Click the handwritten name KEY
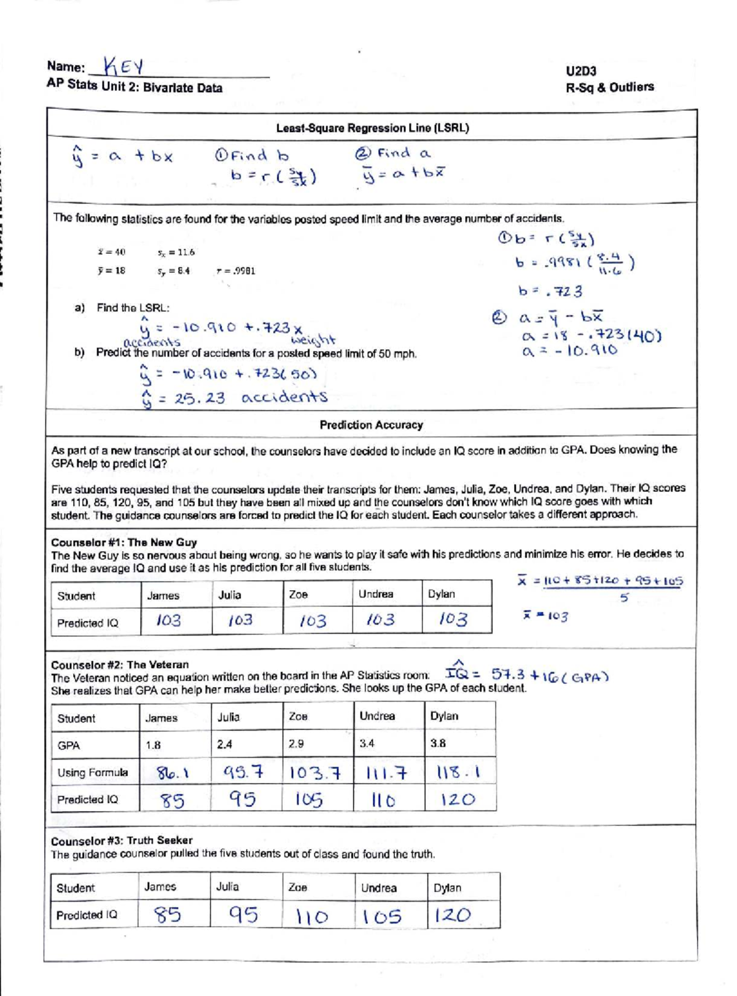pos(123,66)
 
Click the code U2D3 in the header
pos(581,71)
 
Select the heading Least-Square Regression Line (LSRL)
pos(372,128)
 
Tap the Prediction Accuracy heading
pos(371,425)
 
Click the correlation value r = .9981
pos(236,271)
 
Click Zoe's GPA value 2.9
pos(296,744)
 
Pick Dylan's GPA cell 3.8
pos(437,744)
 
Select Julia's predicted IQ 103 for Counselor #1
pos(240,620)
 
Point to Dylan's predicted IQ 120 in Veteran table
pos(458,800)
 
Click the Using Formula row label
pos(93,773)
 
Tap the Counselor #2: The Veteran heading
pos(120,665)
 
